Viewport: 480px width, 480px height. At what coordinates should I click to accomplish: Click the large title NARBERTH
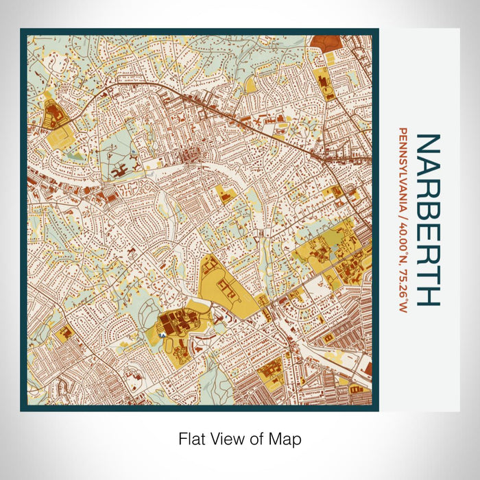(x=429, y=219)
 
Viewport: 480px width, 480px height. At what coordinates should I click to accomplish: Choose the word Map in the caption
(x=287, y=437)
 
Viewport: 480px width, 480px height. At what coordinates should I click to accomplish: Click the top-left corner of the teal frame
(x=22, y=30)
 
